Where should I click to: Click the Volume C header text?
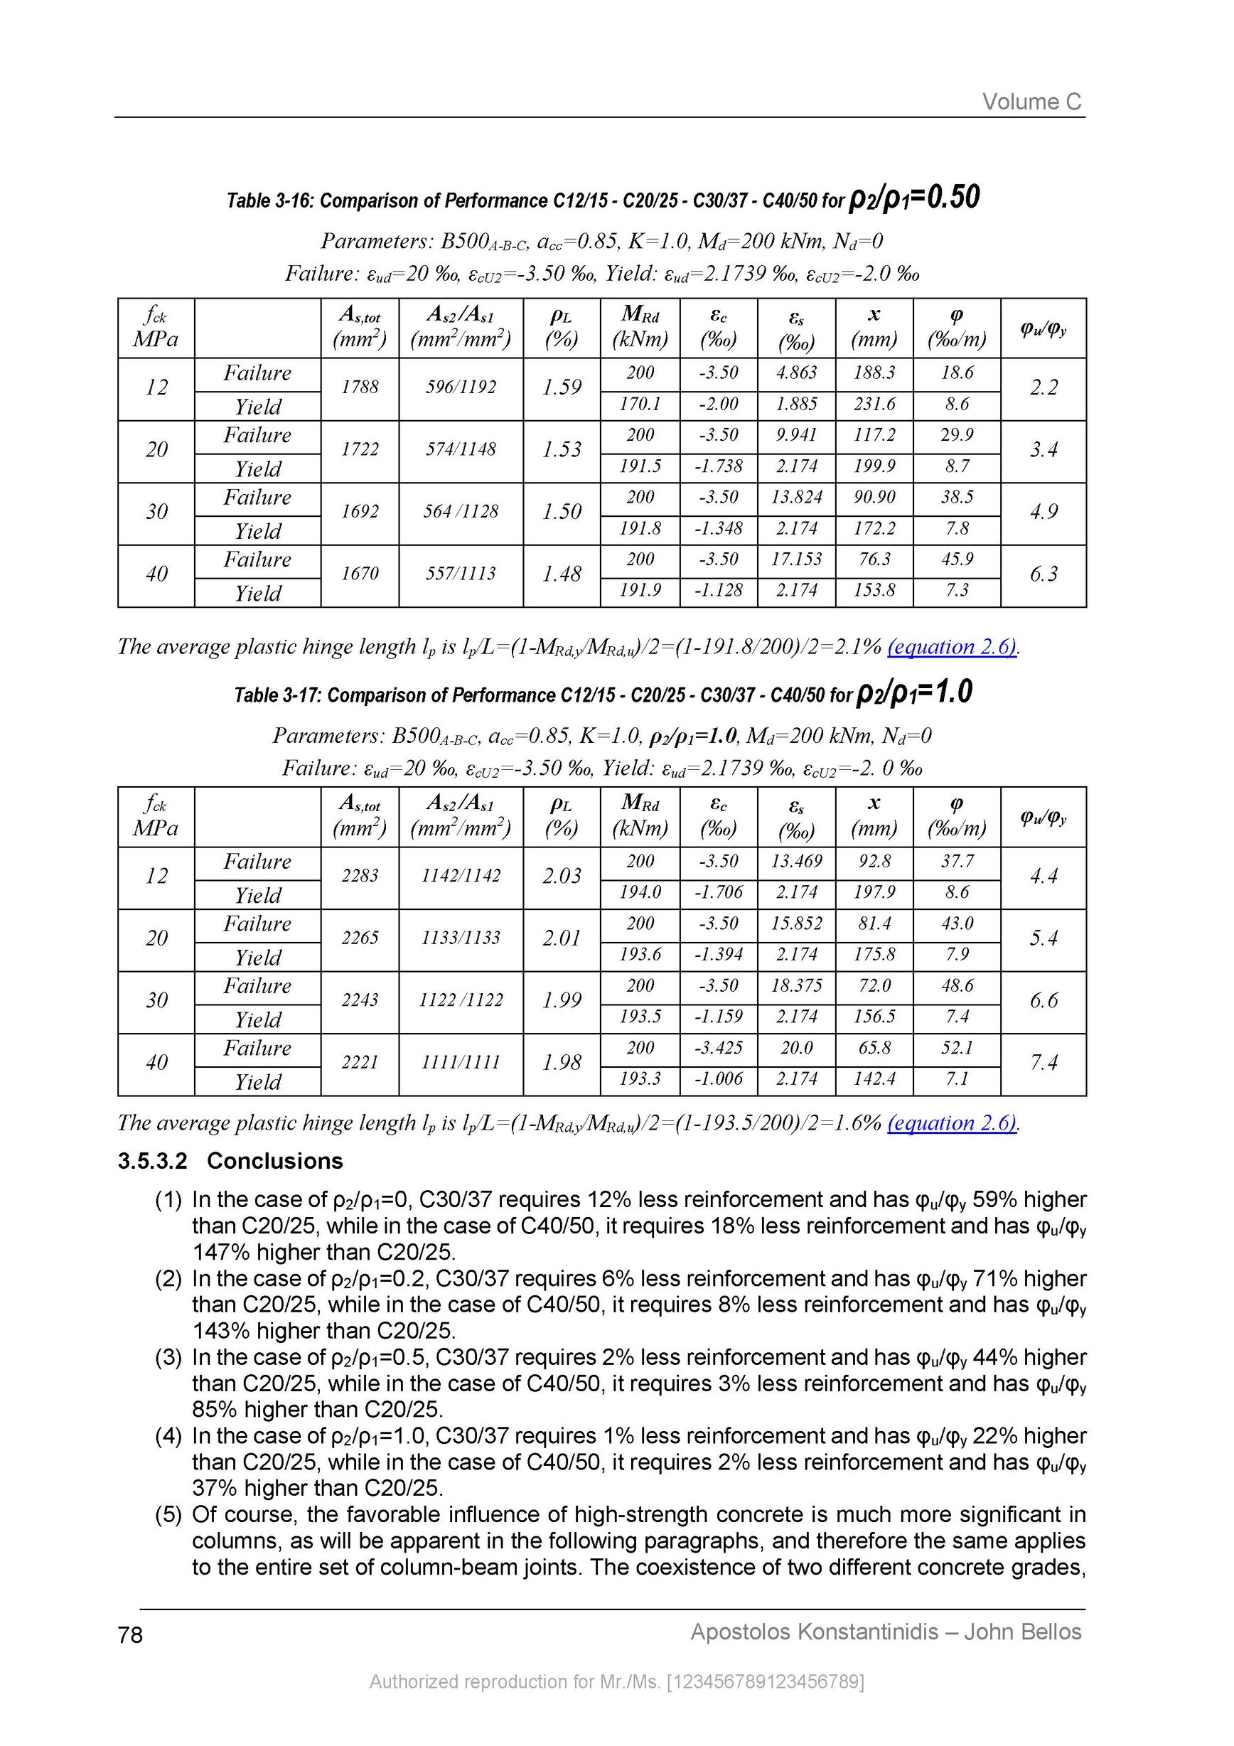point(1031,102)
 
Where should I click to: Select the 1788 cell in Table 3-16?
point(360,387)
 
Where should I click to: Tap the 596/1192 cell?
point(461,387)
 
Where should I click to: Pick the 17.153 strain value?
point(796,559)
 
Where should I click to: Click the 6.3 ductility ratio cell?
point(1043,574)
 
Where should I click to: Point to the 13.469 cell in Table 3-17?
point(796,862)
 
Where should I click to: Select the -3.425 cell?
point(719,1048)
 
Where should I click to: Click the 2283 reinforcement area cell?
point(360,875)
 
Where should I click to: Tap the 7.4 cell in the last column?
point(1043,1062)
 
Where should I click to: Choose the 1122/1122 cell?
point(461,1000)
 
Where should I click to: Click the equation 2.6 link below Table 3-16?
point(952,647)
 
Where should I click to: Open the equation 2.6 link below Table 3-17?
point(952,1123)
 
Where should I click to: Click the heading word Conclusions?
point(274,1161)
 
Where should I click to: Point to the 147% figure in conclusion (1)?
point(221,1252)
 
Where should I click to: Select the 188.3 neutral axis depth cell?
point(874,373)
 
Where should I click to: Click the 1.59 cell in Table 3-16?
point(561,387)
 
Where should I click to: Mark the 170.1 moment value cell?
point(640,404)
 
